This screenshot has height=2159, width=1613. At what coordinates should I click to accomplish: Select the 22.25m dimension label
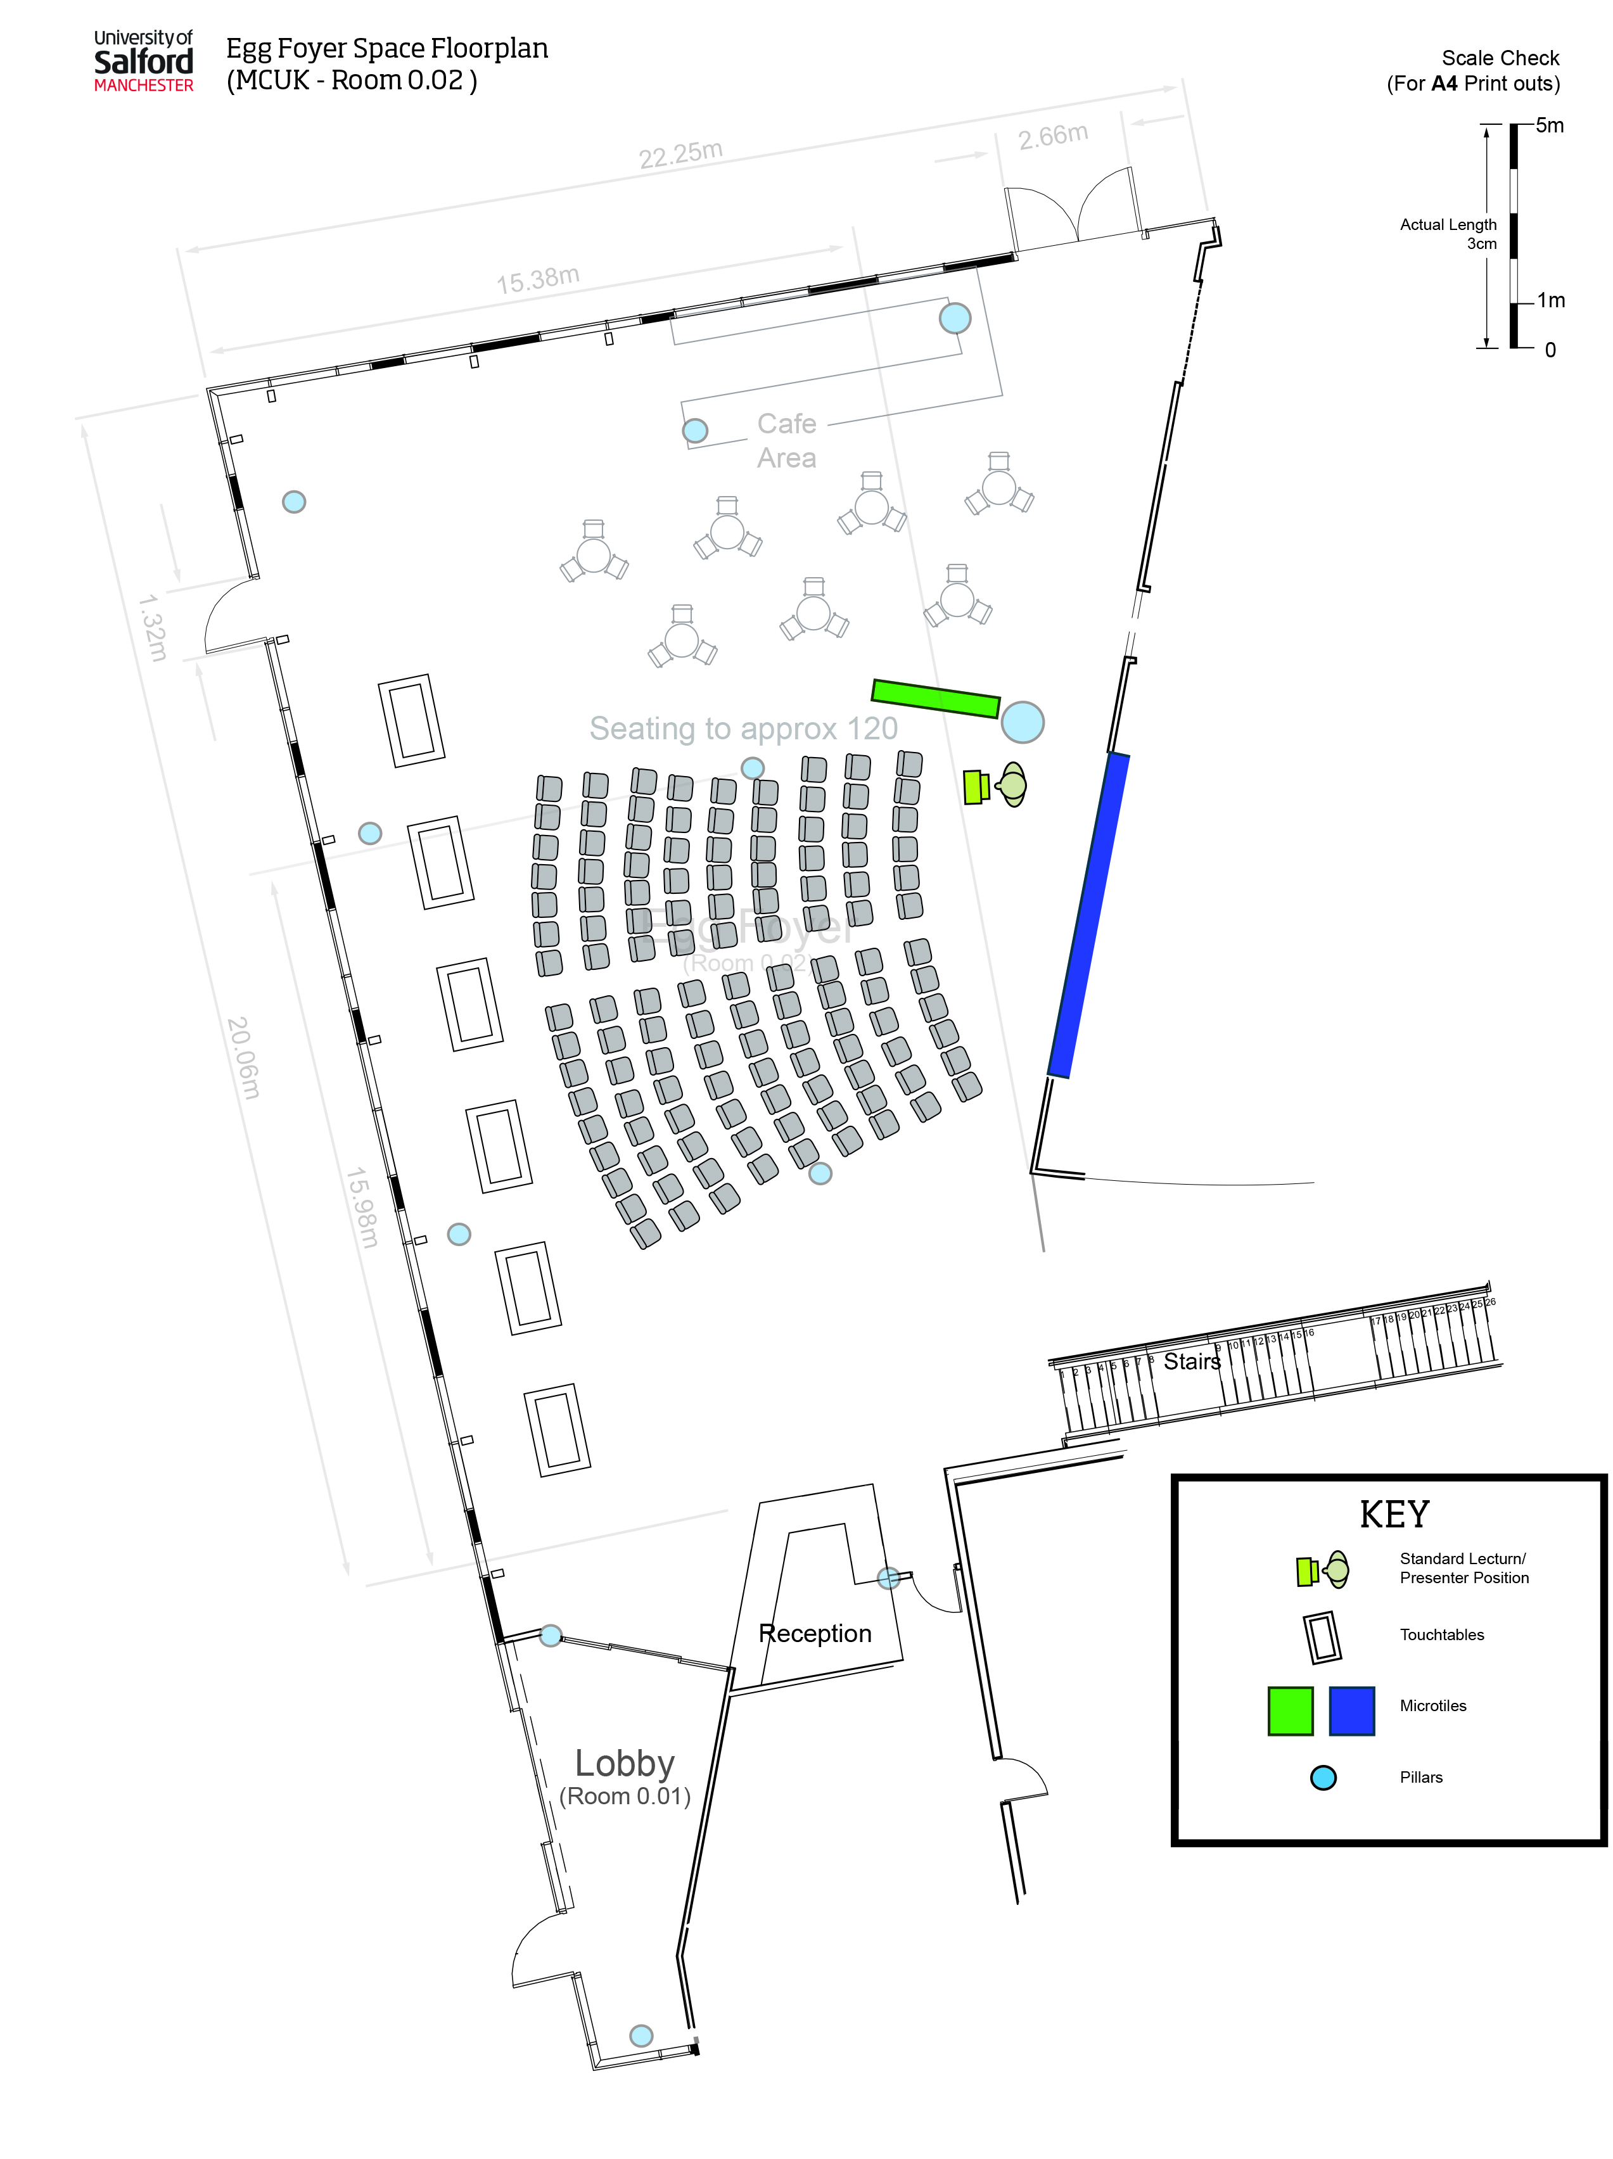(x=680, y=153)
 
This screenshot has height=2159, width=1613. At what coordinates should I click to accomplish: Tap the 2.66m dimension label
(x=1053, y=136)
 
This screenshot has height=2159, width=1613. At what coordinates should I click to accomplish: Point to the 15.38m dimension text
(x=538, y=280)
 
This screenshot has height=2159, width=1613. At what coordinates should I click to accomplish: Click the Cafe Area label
(x=786, y=440)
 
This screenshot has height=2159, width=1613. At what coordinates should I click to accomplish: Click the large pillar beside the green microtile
(x=1022, y=722)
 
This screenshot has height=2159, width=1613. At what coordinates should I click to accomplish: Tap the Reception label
(x=815, y=1633)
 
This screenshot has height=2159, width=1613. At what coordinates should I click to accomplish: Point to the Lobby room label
(x=625, y=1764)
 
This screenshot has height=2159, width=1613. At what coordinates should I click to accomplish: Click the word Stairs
(x=1192, y=1361)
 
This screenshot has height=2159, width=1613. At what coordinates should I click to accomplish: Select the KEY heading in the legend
(x=1393, y=1514)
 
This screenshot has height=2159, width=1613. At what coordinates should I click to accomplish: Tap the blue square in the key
(x=1351, y=1710)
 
